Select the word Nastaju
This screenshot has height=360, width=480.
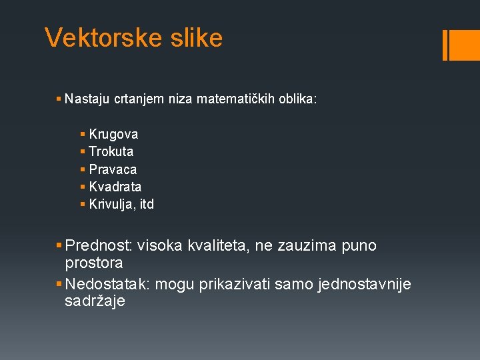(x=88, y=99)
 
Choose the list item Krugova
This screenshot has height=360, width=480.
(x=113, y=134)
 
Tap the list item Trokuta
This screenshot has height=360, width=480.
(x=111, y=151)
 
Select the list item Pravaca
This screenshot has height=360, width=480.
(x=113, y=169)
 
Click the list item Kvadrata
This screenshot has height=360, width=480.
(x=115, y=187)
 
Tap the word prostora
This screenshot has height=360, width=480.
(x=94, y=263)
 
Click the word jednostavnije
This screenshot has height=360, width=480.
(x=365, y=285)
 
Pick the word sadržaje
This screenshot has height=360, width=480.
(x=95, y=301)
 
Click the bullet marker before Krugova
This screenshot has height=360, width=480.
(x=82, y=135)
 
